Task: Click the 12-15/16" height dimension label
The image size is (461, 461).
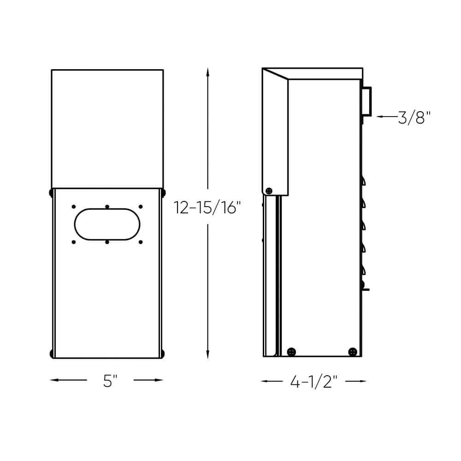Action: pyautogui.click(x=207, y=207)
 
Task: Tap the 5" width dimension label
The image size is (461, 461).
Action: pyautogui.click(x=110, y=381)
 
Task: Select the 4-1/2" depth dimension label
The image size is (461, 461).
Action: pyautogui.click(x=313, y=382)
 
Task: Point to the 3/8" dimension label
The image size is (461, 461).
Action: pyautogui.click(x=414, y=117)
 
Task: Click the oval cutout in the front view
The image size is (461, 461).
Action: pyautogui.click(x=107, y=225)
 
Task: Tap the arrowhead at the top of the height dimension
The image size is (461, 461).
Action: pyautogui.click(x=207, y=72)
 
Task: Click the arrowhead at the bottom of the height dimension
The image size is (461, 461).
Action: pyautogui.click(x=207, y=354)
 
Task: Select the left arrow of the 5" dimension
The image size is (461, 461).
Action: pyautogui.click(x=69, y=380)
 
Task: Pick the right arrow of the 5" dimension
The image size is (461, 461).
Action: pyautogui.click(x=148, y=380)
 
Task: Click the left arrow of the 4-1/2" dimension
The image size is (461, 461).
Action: pyautogui.click(x=272, y=381)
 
